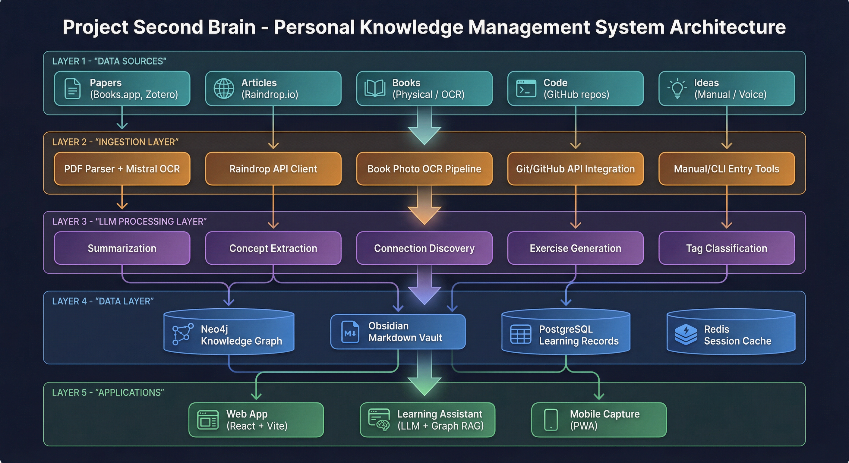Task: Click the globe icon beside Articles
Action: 224,89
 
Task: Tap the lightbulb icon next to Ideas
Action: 677,88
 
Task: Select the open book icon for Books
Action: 375,88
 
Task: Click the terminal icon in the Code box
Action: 526,89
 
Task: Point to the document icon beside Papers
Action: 72,89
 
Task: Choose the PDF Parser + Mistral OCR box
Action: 122,169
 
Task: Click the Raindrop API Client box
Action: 273,169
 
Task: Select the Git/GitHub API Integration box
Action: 575,169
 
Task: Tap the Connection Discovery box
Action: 424,248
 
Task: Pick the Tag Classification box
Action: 726,248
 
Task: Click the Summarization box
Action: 122,248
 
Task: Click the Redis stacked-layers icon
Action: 686,335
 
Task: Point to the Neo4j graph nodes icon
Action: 183,335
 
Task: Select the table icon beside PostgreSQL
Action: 520,335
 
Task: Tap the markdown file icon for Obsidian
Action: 350,332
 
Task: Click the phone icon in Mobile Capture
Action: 551,420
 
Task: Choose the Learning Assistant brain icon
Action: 379,420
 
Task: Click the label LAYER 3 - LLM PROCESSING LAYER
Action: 129,222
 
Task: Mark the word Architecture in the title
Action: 727,27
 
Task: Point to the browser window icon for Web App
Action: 208,420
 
